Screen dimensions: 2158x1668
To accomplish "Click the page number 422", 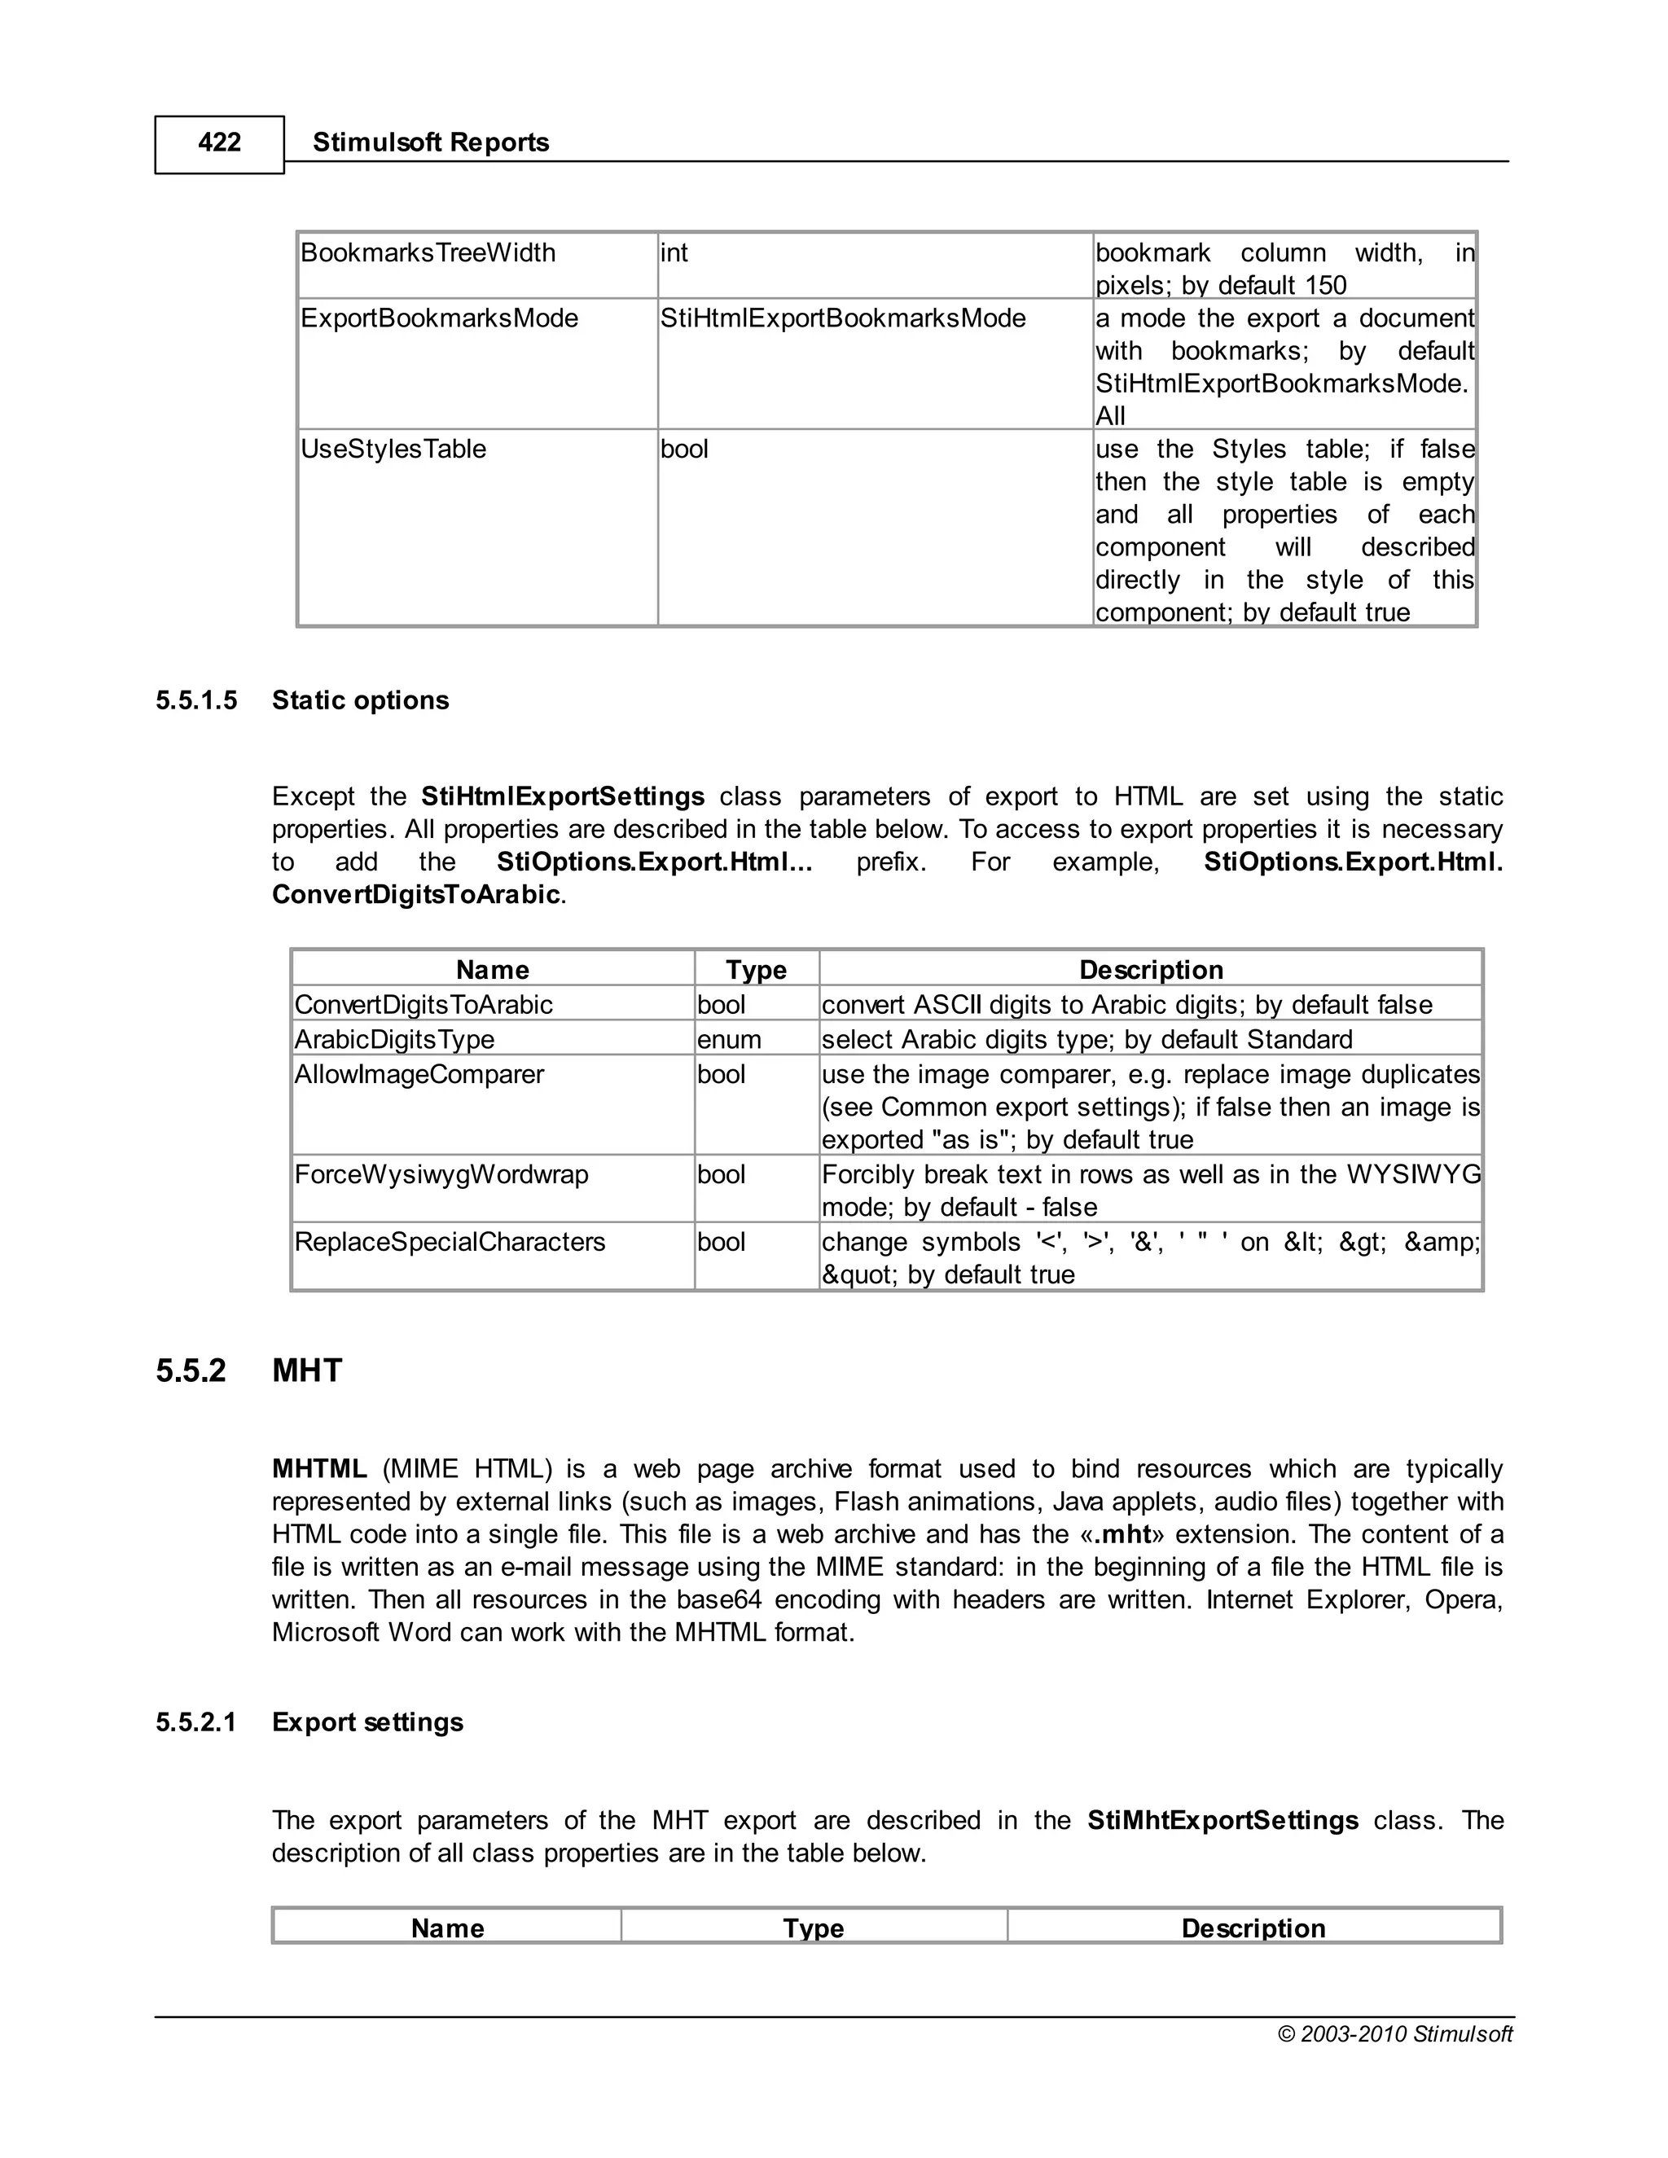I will pos(219,143).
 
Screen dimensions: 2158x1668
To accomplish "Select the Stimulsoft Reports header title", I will pos(431,143).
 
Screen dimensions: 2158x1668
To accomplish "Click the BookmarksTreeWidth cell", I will pos(428,253).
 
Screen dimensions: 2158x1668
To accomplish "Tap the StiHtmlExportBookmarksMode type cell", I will pos(843,318).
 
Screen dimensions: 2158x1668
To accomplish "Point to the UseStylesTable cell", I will pos(393,450).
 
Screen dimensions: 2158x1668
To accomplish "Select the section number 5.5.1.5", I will pos(196,700).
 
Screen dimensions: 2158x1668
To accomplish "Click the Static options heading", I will pos(361,700).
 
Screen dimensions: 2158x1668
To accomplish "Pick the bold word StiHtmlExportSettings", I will pos(562,796).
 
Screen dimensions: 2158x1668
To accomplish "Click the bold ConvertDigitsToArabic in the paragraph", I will pos(416,895).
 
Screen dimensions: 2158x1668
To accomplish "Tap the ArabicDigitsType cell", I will pos(394,1039).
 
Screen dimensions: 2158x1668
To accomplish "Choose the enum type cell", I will pos(729,1039).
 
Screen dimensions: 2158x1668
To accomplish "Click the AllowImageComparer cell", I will pos(419,1074).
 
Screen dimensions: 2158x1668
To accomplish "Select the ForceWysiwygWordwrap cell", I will pos(441,1175).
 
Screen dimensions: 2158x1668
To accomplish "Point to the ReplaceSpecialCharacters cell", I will pos(450,1242).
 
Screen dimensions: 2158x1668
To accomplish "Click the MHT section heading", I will pos(307,1371).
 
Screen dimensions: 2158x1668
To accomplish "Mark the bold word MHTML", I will pos(319,1469).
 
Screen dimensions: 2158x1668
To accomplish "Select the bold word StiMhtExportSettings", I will pos(1222,1820).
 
